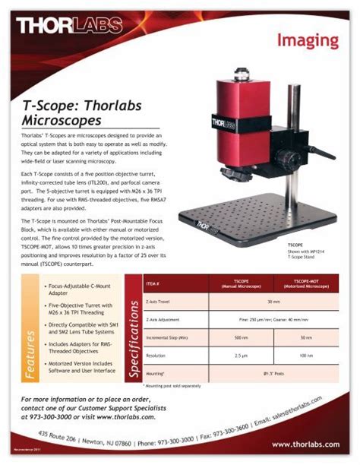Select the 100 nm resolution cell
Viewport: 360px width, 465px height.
tap(306, 355)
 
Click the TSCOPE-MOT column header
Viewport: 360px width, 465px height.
tap(306, 284)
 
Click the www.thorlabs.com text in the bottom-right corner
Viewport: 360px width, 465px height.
tap(305, 444)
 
